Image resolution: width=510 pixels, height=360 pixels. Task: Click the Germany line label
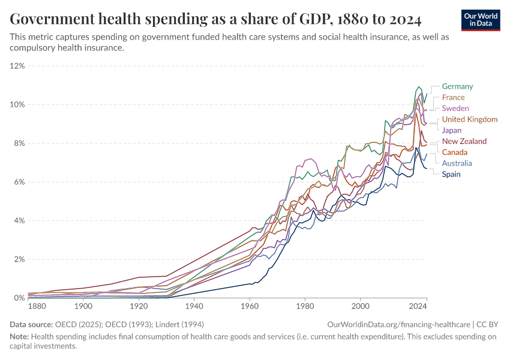pyautogui.click(x=457, y=86)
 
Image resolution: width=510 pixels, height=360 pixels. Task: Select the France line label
pyautogui.click(x=453, y=97)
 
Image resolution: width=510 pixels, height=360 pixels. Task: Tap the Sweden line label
pyautogui.click(x=455, y=109)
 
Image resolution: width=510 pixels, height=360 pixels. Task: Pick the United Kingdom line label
pyautogui.click(x=470, y=119)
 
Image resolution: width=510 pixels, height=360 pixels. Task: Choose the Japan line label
pyautogui.click(x=452, y=130)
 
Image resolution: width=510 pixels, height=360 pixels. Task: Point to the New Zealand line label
pyautogui.click(x=464, y=142)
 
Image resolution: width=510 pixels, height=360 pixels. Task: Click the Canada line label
pyautogui.click(x=454, y=152)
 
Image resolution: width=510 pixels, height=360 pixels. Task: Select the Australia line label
pyautogui.click(x=457, y=163)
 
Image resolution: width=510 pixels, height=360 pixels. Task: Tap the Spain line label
pyautogui.click(x=452, y=174)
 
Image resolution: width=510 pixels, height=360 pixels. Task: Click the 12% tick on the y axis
pyautogui.click(x=17, y=66)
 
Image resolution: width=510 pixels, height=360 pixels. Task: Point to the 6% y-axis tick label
pyautogui.click(x=19, y=182)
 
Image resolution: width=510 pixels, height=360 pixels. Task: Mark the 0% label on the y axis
pyautogui.click(x=19, y=298)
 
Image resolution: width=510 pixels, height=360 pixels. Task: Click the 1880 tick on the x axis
pyautogui.click(x=37, y=307)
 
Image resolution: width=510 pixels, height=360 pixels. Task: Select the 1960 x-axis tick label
pyautogui.click(x=249, y=307)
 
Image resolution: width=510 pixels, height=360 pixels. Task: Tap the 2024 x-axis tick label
pyautogui.click(x=418, y=307)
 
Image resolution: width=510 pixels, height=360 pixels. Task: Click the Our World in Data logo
pyautogui.click(x=481, y=19)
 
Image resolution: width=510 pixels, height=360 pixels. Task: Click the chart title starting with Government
pyautogui.click(x=215, y=20)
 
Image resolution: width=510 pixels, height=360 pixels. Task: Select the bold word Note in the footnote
pyautogui.click(x=20, y=337)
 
